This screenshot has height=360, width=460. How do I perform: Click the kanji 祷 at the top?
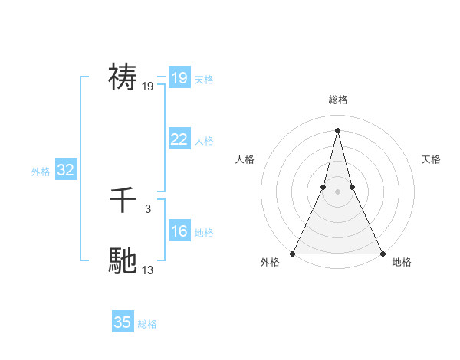point(123,77)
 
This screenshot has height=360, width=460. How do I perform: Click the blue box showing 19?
point(179,78)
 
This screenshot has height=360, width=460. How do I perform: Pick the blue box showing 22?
point(179,139)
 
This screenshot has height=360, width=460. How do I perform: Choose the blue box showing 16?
point(179,231)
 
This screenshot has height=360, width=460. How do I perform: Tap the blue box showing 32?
point(65,170)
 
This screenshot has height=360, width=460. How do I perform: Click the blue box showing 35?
point(122,322)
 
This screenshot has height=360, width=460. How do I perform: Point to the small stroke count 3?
point(147,208)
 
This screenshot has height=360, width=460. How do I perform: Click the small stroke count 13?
point(148,269)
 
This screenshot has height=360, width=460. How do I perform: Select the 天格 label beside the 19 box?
point(204,80)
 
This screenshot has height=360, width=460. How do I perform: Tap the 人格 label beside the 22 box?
point(204,141)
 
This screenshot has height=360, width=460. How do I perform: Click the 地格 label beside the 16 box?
point(204,233)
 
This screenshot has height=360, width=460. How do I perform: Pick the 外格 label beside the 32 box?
point(41,172)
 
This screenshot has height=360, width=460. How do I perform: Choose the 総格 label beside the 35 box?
point(147,324)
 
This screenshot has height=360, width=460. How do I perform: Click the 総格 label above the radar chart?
point(337,100)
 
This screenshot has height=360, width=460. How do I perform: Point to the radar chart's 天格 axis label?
point(432,159)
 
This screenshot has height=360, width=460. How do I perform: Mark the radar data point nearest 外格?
point(294,254)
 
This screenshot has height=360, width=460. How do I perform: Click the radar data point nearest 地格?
point(381,254)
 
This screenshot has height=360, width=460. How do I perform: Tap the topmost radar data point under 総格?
point(337,129)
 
